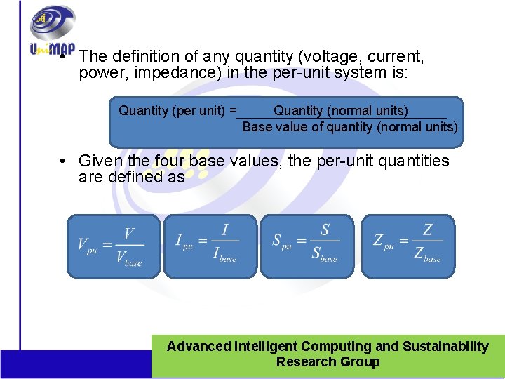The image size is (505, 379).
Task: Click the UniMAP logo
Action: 51,32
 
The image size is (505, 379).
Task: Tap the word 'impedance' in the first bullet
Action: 166,73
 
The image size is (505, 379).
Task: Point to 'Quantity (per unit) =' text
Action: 177,111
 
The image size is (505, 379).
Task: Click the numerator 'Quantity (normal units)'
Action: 340,111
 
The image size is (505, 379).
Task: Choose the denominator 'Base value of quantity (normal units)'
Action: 350,127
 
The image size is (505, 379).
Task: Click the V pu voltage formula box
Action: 114,246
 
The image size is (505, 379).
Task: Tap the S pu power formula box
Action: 307,246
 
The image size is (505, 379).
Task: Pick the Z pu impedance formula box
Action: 408,246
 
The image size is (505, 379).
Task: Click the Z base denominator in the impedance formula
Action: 427,255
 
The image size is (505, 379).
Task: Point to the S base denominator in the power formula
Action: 325,255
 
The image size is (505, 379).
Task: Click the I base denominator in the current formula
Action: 224,255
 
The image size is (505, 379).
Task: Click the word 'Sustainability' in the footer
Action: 445,346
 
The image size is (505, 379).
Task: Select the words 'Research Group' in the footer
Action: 328,362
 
